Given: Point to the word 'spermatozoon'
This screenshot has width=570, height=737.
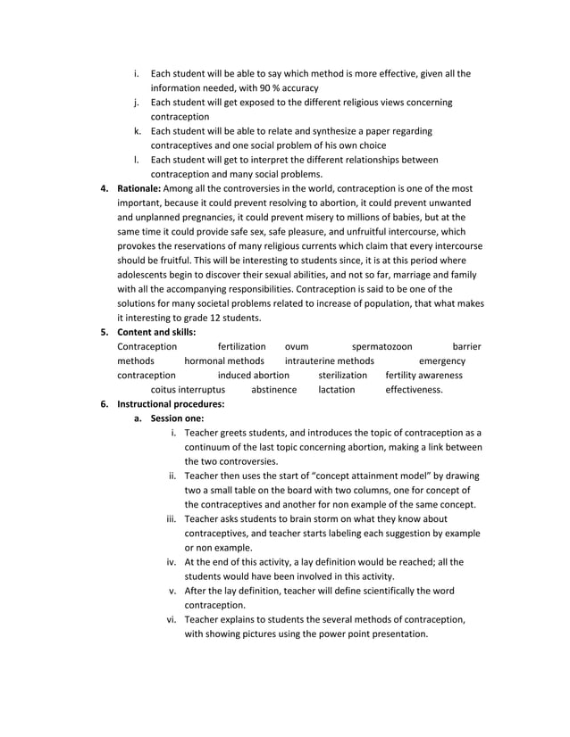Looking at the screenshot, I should point(381,346).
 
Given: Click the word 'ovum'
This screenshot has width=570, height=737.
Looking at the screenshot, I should point(296,346).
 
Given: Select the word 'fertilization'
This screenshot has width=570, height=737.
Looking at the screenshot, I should point(241,346).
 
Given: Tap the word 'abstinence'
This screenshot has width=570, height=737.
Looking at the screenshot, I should point(273,389).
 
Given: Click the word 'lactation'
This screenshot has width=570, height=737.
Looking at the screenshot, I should point(336,389).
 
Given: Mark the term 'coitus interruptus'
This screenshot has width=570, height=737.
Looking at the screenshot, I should point(188,389).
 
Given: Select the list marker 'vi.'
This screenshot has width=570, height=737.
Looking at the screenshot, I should point(170,619).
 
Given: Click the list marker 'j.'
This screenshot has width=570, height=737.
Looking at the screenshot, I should point(137,102).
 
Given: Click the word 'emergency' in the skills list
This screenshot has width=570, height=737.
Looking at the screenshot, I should point(441,360).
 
